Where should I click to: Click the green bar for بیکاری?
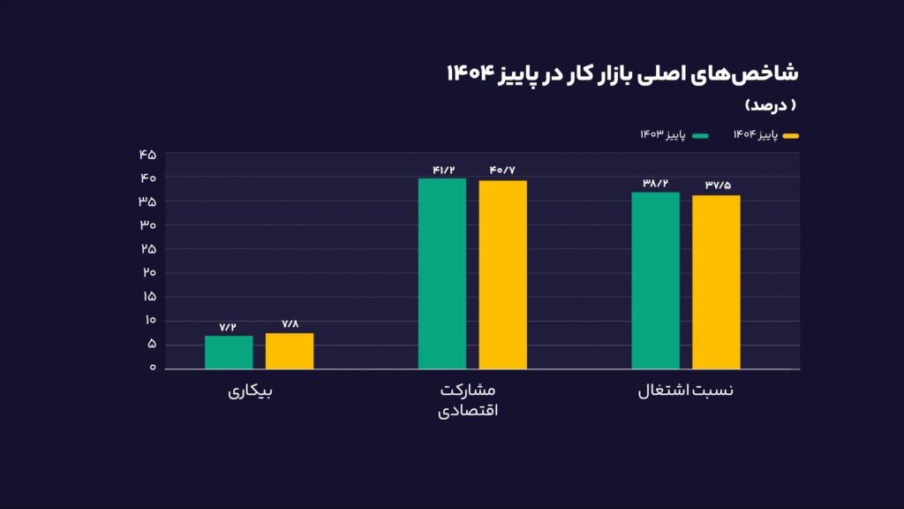(229, 352)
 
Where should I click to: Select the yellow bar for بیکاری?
(290, 351)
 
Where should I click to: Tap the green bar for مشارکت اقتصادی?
(442, 273)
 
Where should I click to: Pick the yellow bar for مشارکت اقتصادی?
(503, 274)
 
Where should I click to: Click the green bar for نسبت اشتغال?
(656, 280)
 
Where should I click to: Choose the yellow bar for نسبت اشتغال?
(716, 282)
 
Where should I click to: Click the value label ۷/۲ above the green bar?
(229, 327)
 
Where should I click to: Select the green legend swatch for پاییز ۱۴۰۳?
(701, 135)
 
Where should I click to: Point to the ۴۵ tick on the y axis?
(147, 155)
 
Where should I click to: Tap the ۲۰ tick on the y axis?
(147, 272)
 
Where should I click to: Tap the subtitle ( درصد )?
(771, 105)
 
